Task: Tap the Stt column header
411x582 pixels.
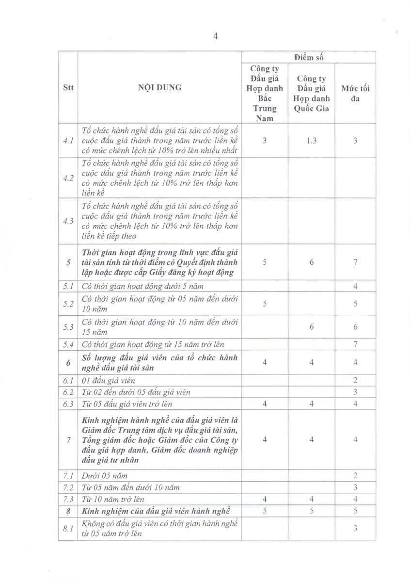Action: (68, 88)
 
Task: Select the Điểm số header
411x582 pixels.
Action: (308, 57)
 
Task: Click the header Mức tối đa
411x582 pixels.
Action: (355, 93)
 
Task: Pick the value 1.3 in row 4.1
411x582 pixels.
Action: (311, 140)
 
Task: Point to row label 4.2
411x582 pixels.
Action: (68, 178)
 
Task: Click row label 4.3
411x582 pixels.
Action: (68, 221)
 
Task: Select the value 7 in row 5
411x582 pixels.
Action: (355, 262)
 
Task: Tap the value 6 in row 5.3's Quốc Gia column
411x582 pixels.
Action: (311, 327)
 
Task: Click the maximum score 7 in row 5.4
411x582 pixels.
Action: (355, 344)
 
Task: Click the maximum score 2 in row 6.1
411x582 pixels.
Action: (355, 381)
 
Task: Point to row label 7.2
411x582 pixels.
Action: (68, 487)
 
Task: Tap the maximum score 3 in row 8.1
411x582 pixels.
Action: (355, 529)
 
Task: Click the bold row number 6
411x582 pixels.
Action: (68, 362)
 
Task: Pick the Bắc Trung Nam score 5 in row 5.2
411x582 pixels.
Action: (265, 304)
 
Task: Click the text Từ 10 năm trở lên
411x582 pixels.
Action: (113, 499)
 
